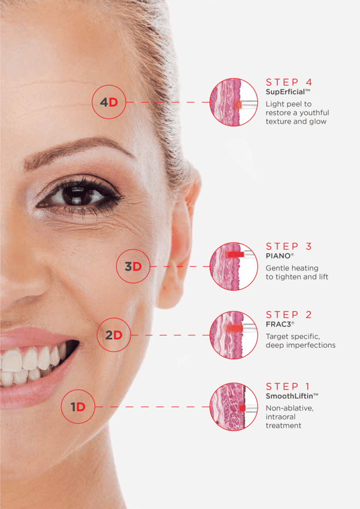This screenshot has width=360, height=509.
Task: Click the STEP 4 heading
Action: click(289, 82)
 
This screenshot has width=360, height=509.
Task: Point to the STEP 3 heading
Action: click(289, 247)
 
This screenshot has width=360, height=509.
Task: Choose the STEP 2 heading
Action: click(289, 315)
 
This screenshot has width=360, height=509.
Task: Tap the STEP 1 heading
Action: click(288, 386)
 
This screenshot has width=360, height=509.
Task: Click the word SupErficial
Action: click(285, 92)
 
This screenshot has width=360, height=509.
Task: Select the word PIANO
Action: click(278, 256)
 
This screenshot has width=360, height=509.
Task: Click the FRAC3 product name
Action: click(278, 324)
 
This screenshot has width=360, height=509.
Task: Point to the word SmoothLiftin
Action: click(289, 396)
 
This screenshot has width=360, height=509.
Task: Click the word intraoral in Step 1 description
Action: click(280, 417)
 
